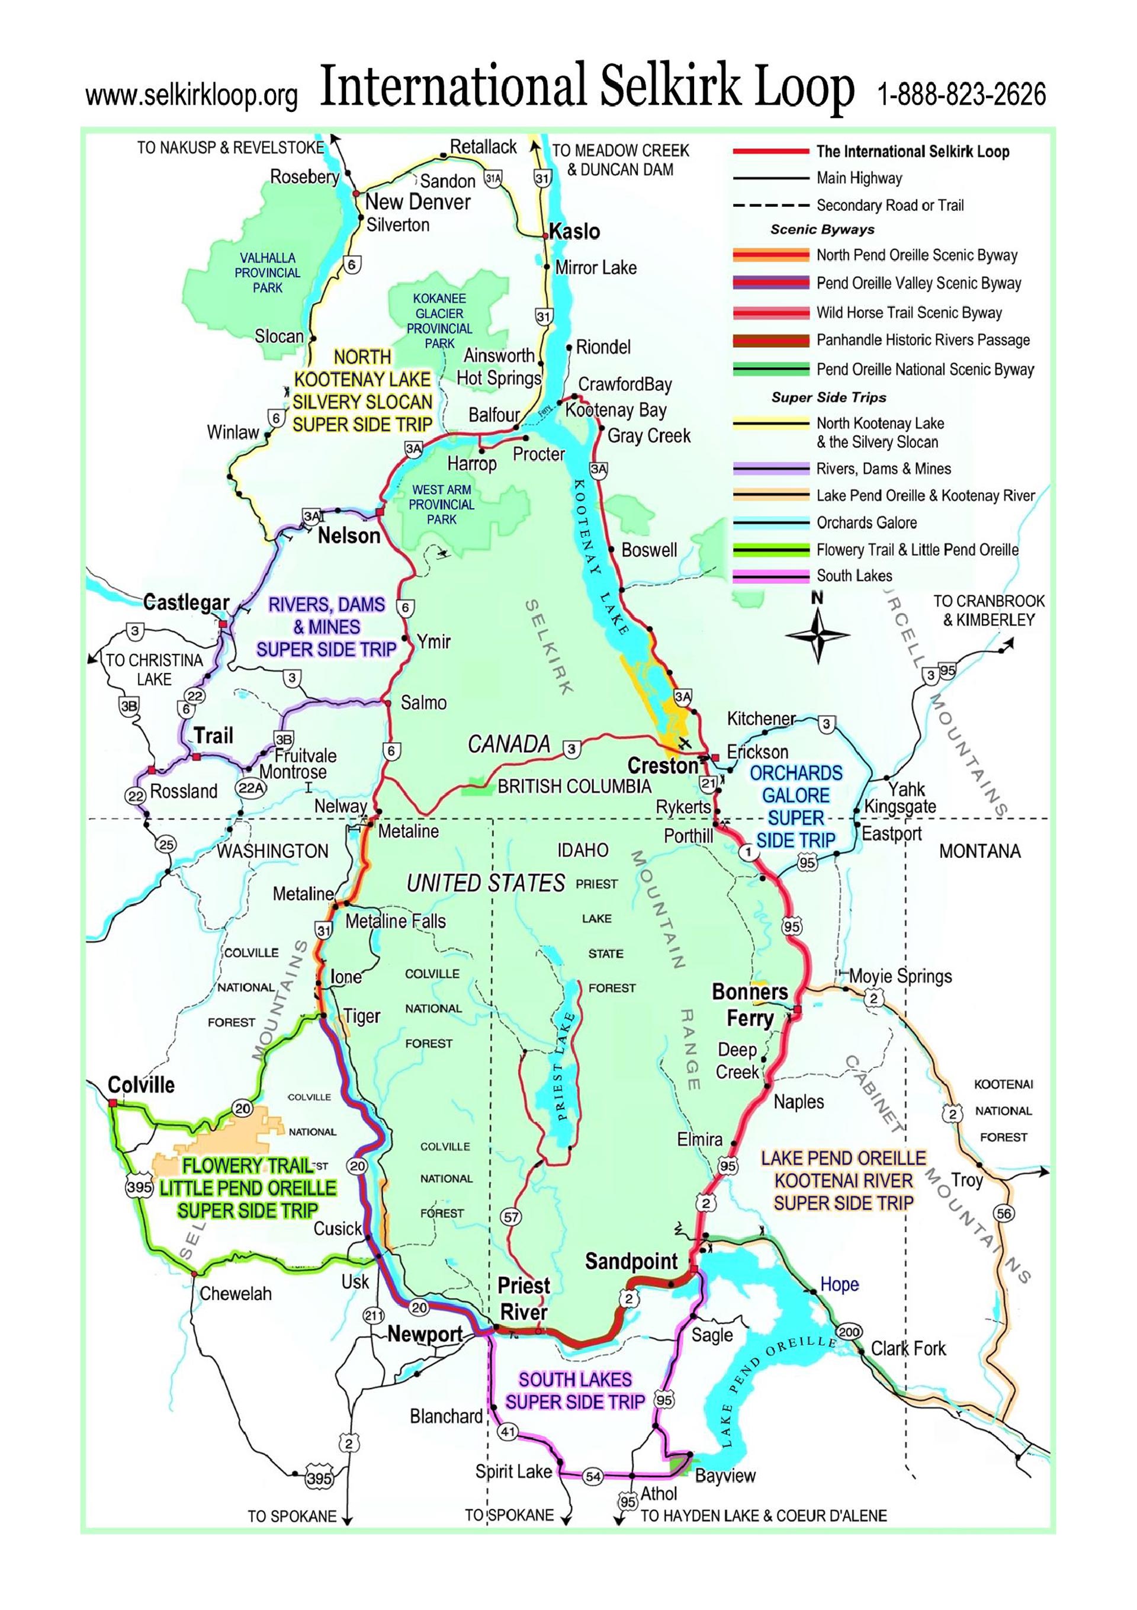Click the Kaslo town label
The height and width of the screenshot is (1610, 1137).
(574, 232)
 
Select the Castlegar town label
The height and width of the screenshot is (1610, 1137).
(186, 602)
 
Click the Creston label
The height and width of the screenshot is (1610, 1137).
(663, 766)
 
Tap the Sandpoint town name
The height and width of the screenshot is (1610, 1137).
(631, 1262)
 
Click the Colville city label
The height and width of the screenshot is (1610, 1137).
(141, 1085)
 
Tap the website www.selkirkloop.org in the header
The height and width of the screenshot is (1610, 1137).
(191, 97)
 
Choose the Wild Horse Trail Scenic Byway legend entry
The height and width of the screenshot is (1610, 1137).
(908, 313)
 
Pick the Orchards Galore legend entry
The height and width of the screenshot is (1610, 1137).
(866, 522)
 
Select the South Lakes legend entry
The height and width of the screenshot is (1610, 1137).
(854, 576)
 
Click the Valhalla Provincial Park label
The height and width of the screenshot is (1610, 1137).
(267, 272)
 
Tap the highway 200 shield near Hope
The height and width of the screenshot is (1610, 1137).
(850, 1332)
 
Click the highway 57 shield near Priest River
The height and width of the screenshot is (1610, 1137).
(511, 1217)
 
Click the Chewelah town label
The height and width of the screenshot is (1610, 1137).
(236, 1294)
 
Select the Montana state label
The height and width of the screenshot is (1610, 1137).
(979, 851)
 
